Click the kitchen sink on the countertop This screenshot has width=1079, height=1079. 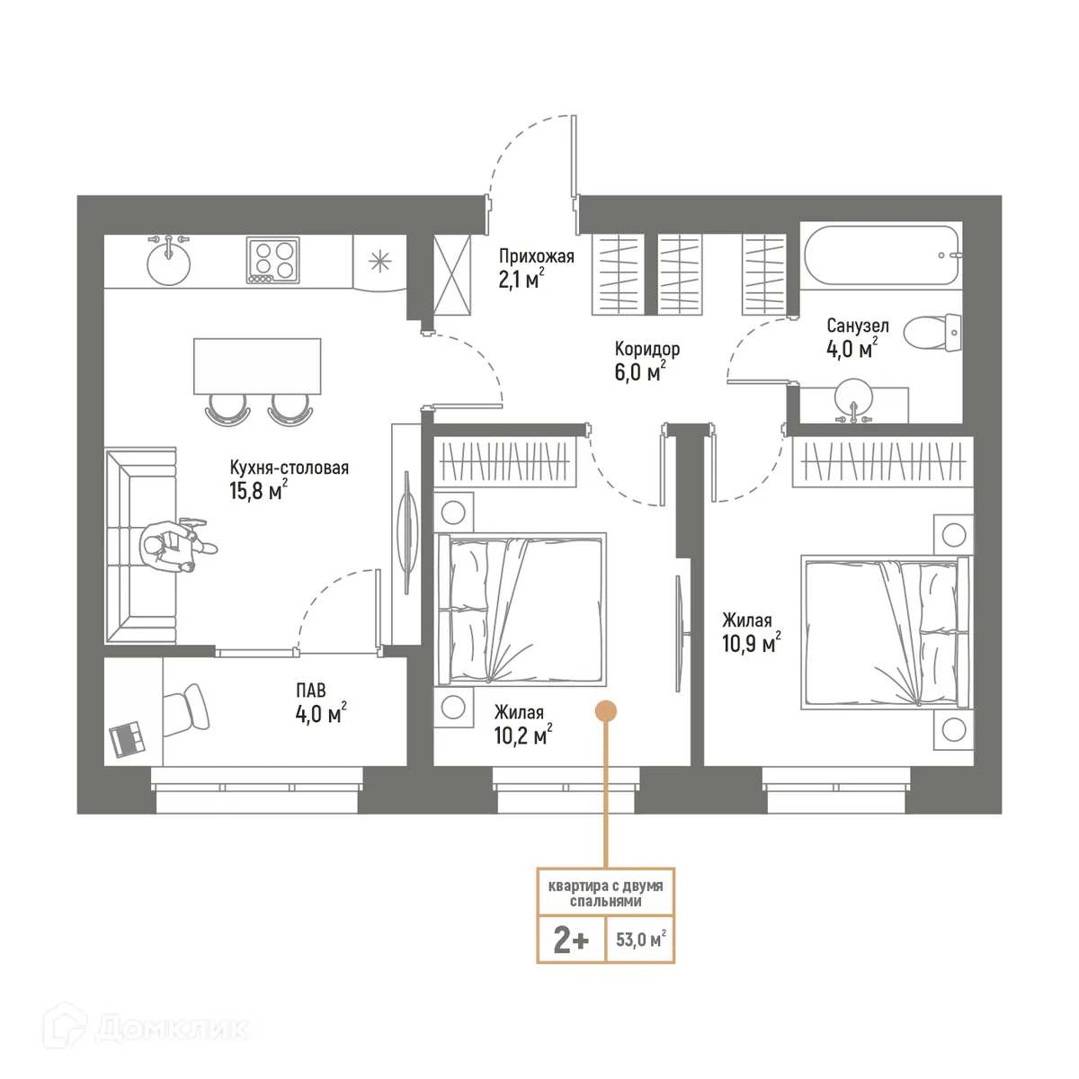(x=168, y=263)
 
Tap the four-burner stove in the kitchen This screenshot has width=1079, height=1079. (x=272, y=259)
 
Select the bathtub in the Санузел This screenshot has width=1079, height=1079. (x=880, y=255)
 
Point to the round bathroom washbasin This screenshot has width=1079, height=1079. (x=853, y=397)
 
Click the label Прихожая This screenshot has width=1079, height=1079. (x=536, y=257)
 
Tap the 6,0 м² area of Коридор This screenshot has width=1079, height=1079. (x=639, y=371)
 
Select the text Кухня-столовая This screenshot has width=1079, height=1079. (x=289, y=468)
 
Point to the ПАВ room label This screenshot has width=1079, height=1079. (x=311, y=691)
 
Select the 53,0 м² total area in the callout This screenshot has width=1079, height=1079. (x=640, y=941)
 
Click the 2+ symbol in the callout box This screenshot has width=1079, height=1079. (x=571, y=941)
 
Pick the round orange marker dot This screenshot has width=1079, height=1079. (x=607, y=710)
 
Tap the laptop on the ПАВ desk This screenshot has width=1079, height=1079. (x=127, y=739)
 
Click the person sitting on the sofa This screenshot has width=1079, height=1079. (x=173, y=545)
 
